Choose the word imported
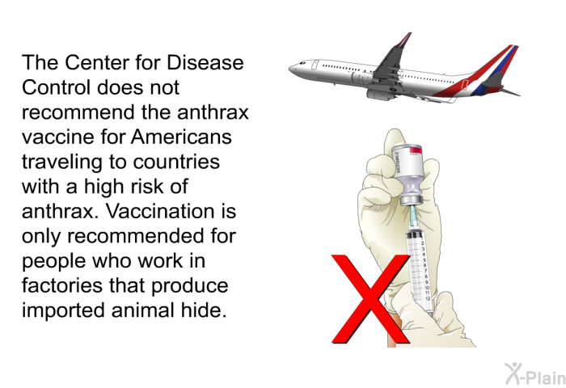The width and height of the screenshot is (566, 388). pos(58,311)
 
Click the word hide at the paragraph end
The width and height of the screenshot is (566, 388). pos(203,311)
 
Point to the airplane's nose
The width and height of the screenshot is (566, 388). pos(293,67)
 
